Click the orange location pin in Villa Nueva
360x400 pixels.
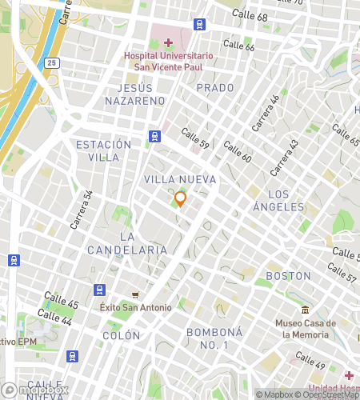(x=180, y=198)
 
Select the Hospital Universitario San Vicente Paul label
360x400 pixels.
(x=168, y=62)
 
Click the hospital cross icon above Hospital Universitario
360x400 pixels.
(x=168, y=42)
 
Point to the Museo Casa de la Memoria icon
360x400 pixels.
(x=304, y=310)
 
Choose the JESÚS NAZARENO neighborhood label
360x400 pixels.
(x=134, y=94)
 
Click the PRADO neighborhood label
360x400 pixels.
(x=215, y=87)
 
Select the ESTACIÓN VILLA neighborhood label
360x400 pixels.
(x=103, y=150)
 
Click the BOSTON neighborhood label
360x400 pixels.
(x=288, y=276)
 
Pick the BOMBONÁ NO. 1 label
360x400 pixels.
(x=207, y=338)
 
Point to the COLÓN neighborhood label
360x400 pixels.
(x=121, y=336)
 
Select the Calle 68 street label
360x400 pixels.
(x=250, y=16)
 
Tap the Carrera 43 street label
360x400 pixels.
(x=283, y=158)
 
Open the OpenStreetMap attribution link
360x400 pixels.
(x=328, y=394)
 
